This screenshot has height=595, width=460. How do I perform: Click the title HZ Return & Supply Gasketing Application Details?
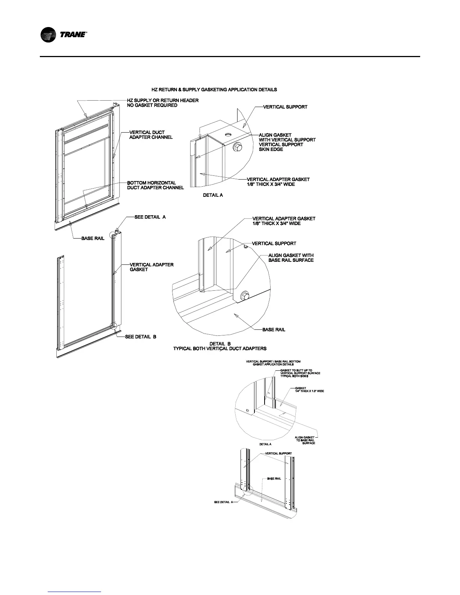pos(214,90)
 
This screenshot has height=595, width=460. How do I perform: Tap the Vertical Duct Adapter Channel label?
pos(151,135)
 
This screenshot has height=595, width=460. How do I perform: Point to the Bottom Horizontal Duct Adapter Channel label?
pos(155,185)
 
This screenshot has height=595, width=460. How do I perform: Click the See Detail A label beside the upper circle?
pos(150,217)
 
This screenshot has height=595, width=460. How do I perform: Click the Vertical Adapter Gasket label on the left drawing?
pos(151,267)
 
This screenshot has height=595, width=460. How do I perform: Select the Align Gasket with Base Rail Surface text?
pos(291,258)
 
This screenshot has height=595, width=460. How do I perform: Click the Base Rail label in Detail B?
pos(274,330)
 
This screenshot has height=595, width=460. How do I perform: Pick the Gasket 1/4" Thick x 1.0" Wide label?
pos(309,390)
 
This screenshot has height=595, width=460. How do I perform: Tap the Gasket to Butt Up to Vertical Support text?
pos(300,373)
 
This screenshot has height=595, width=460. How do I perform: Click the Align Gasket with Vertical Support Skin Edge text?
pos(287,142)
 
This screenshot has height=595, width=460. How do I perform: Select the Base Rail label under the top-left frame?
pos(93,239)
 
